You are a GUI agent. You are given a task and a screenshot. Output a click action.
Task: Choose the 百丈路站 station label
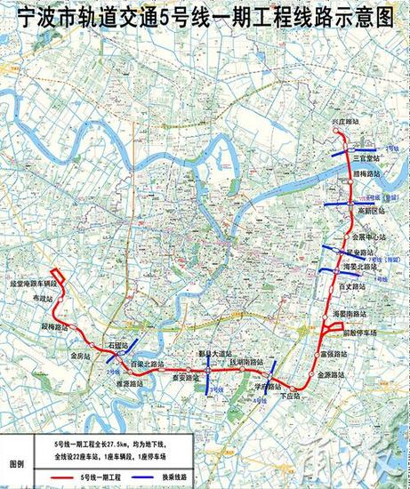pyautogui.click(x=353, y=288)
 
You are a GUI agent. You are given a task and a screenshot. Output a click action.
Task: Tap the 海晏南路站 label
pyautogui.click(x=349, y=313)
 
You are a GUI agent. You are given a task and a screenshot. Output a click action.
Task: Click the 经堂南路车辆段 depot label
pyautogui.click(x=34, y=283)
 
